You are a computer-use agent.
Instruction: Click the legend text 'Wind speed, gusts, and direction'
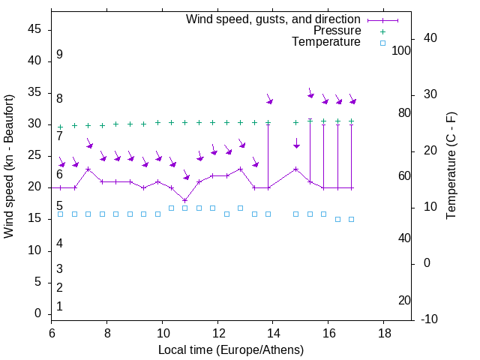coord(274,19)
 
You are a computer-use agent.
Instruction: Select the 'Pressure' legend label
coord(337,31)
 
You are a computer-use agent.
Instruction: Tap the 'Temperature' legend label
coord(326,42)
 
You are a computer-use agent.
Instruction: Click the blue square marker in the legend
coord(382,43)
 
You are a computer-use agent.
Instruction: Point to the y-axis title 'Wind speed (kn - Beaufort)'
coord(9,166)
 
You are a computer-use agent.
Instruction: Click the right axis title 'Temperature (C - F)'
coord(451,166)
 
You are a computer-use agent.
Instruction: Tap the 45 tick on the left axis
coord(34,29)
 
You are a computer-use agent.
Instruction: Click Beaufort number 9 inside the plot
coord(59,55)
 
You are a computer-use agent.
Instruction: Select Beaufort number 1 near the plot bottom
coord(59,307)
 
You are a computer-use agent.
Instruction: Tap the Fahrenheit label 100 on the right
coord(401,50)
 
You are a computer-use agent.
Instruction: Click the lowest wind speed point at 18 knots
coord(185,200)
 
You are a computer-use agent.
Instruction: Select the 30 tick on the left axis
coord(34,124)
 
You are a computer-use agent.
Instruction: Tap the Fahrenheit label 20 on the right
coord(404,301)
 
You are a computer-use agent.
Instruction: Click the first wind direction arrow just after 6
coord(62,163)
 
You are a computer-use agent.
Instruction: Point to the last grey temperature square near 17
coord(351,219)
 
